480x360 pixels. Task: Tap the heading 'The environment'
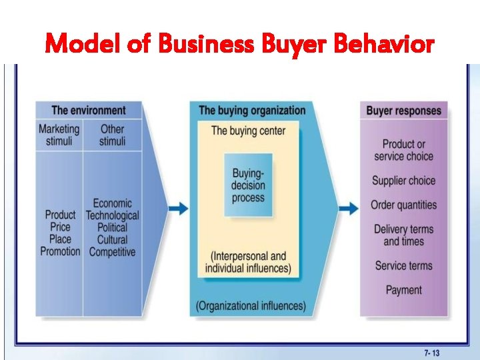pyautogui.click(x=88, y=110)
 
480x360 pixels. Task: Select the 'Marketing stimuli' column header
pyautogui.click(x=59, y=135)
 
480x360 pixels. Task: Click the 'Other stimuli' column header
pyautogui.click(x=112, y=135)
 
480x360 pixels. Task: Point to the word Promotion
pyautogui.click(x=60, y=251)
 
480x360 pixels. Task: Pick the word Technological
pyautogui.click(x=112, y=215)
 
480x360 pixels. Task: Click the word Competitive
pyautogui.click(x=112, y=251)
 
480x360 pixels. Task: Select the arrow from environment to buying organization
pyautogui.click(x=178, y=209)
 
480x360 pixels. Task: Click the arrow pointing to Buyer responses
pyautogui.click(x=348, y=209)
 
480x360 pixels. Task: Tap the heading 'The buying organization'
pyautogui.click(x=252, y=110)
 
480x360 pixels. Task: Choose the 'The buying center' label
pyautogui.click(x=248, y=130)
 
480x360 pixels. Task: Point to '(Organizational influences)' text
pyautogui.click(x=251, y=306)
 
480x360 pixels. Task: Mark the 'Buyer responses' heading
pyautogui.click(x=404, y=110)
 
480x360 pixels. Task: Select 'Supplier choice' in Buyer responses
pyautogui.click(x=403, y=181)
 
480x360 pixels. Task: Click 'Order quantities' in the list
pyautogui.click(x=403, y=205)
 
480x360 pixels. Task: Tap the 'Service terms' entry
pyautogui.click(x=403, y=265)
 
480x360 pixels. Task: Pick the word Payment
pyautogui.click(x=403, y=290)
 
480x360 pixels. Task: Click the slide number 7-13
pyautogui.click(x=432, y=353)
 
